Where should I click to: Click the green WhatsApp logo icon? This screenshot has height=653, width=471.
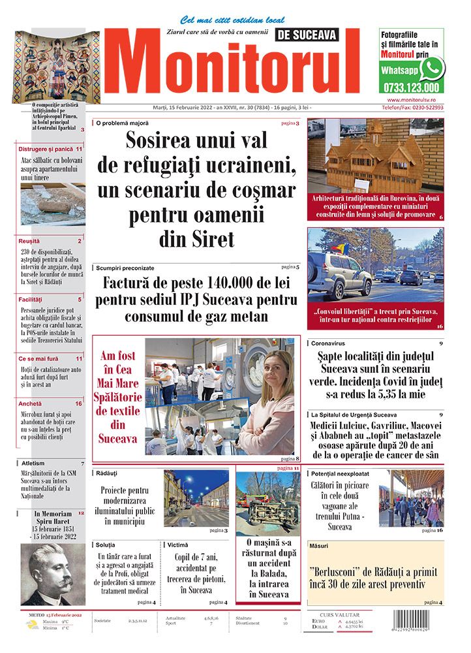(431, 68)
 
